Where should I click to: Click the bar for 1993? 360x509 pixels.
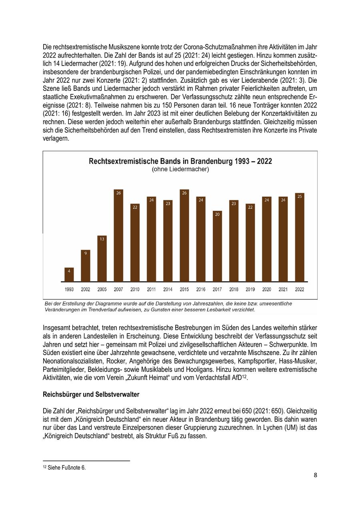coord(69,275)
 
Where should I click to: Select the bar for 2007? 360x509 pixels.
coord(118,236)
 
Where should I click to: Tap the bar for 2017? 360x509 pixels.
coord(217,246)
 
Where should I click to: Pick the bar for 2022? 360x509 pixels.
coord(299,238)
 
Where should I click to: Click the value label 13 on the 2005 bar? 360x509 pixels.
coord(102,239)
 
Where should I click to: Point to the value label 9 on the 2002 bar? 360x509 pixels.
coord(86,253)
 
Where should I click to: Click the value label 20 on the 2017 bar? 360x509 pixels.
coord(217,214)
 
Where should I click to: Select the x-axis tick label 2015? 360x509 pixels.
coord(184,289)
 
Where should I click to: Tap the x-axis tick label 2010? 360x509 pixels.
coord(135,289)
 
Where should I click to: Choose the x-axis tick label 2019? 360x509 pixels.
coord(250,289)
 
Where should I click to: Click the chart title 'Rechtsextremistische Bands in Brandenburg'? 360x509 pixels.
coord(180,161)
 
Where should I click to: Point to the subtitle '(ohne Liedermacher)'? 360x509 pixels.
coord(180,170)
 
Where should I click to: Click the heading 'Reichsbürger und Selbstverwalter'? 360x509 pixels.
coord(91,395)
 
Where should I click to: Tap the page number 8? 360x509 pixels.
coord(315,475)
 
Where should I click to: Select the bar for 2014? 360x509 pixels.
coord(168,241)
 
